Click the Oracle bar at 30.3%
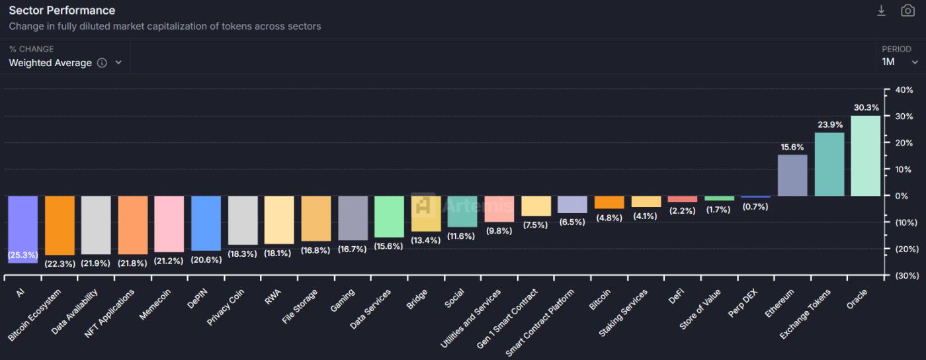click(865, 156)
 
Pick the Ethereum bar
click(792, 175)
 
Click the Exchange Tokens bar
click(829, 164)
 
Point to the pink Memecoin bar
click(169, 224)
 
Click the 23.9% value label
click(829, 124)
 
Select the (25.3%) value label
click(22, 254)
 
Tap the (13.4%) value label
click(425, 240)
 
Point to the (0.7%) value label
click(755, 206)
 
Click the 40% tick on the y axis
click(904, 90)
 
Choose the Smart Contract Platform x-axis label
click(540, 321)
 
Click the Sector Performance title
click(62, 11)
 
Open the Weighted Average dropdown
click(65, 63)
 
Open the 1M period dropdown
click(900, 62)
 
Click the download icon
click(881, 11)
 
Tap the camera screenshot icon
click(907, 11)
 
